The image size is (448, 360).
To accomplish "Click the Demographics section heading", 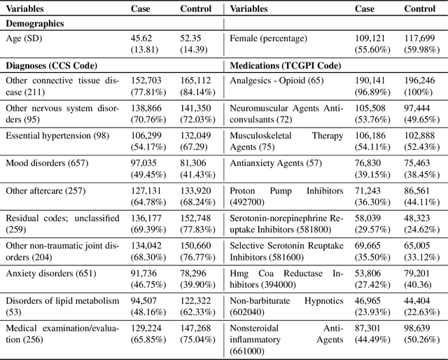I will (35, 24).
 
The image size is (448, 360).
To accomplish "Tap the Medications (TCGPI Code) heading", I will (286, 65).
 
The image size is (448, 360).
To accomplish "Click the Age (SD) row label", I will (23, 40).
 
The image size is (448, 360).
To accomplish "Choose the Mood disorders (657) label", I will (41, 162).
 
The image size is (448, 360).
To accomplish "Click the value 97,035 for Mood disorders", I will (146, 162).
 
